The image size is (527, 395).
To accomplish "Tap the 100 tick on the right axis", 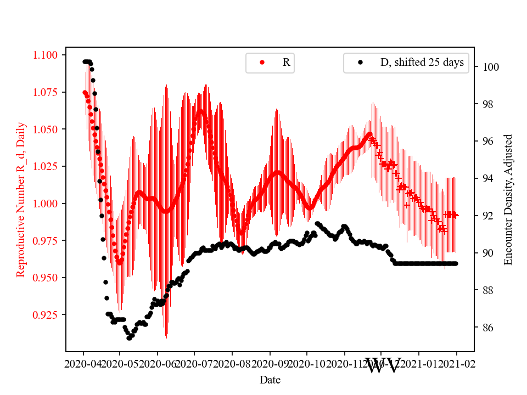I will coord(490,67).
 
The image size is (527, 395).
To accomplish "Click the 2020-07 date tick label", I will coord(195,364).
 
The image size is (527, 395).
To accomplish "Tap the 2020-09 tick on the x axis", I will coord(270,364).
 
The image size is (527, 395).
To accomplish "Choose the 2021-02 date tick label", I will coord(457,364).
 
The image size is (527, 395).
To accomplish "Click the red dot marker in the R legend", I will coord(262,63).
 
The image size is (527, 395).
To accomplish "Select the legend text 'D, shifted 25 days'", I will coord(422,63).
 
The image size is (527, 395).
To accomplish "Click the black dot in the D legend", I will coord(360,63).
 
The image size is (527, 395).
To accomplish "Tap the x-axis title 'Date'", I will coord(270,379).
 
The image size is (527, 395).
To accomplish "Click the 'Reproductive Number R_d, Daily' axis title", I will coord(21,204).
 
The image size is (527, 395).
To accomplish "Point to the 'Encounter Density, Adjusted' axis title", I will coord(508,200).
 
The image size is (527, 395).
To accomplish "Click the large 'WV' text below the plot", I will coord(383,365).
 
